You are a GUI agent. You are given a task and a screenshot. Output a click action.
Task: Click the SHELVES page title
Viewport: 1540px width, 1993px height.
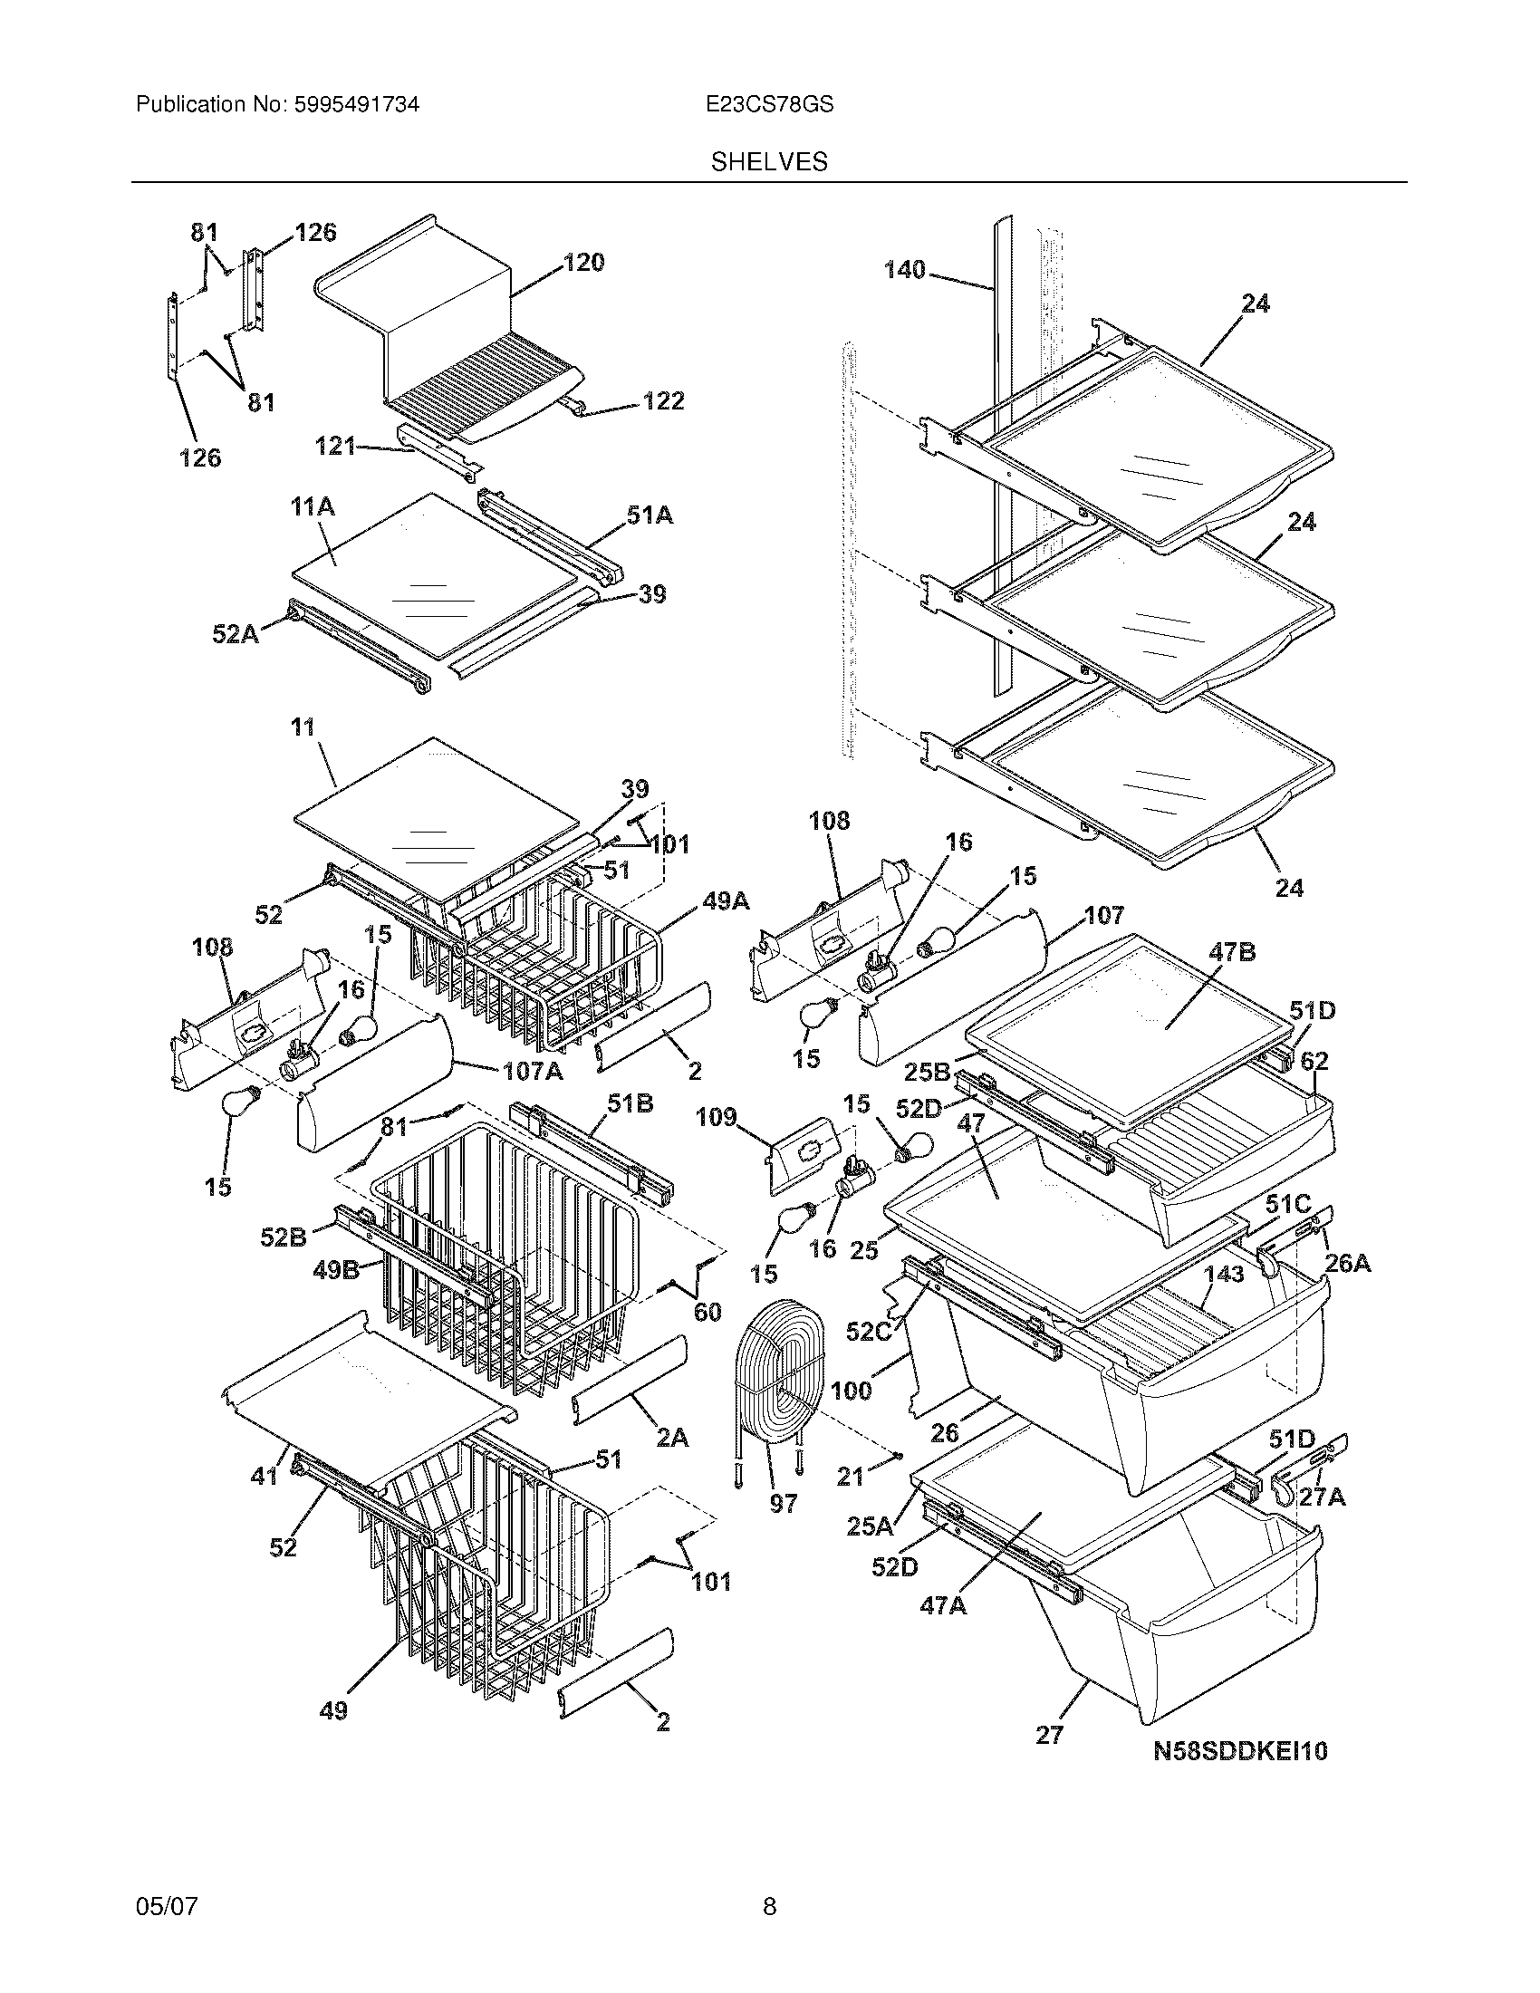[769, 161]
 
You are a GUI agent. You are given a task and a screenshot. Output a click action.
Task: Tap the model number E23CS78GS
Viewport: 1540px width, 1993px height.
[769, 105]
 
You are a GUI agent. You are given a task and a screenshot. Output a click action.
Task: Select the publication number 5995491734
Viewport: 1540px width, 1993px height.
[357, 105]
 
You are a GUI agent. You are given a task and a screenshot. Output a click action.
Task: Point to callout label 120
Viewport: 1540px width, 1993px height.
[584, 263]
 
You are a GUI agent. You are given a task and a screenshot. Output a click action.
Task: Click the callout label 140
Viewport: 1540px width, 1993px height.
[905, 270]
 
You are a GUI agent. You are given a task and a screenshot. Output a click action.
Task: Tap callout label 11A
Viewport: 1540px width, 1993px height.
[313, 507]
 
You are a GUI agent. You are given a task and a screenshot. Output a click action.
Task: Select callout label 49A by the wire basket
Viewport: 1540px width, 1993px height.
[726, 901]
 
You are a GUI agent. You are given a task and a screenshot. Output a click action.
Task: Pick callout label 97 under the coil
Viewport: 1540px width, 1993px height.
[784, 1503]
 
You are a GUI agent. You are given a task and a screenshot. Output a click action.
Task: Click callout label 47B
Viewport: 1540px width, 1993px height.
[1233, 952]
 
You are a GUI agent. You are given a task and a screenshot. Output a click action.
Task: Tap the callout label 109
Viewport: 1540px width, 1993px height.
[717, 1117]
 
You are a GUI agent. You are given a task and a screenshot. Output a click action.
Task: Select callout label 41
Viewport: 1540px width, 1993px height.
[264, 1475]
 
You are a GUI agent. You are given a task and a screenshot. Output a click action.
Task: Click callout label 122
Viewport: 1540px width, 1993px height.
[663, 401]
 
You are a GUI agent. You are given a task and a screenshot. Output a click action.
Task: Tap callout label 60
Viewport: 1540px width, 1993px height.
[707, 1313]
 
